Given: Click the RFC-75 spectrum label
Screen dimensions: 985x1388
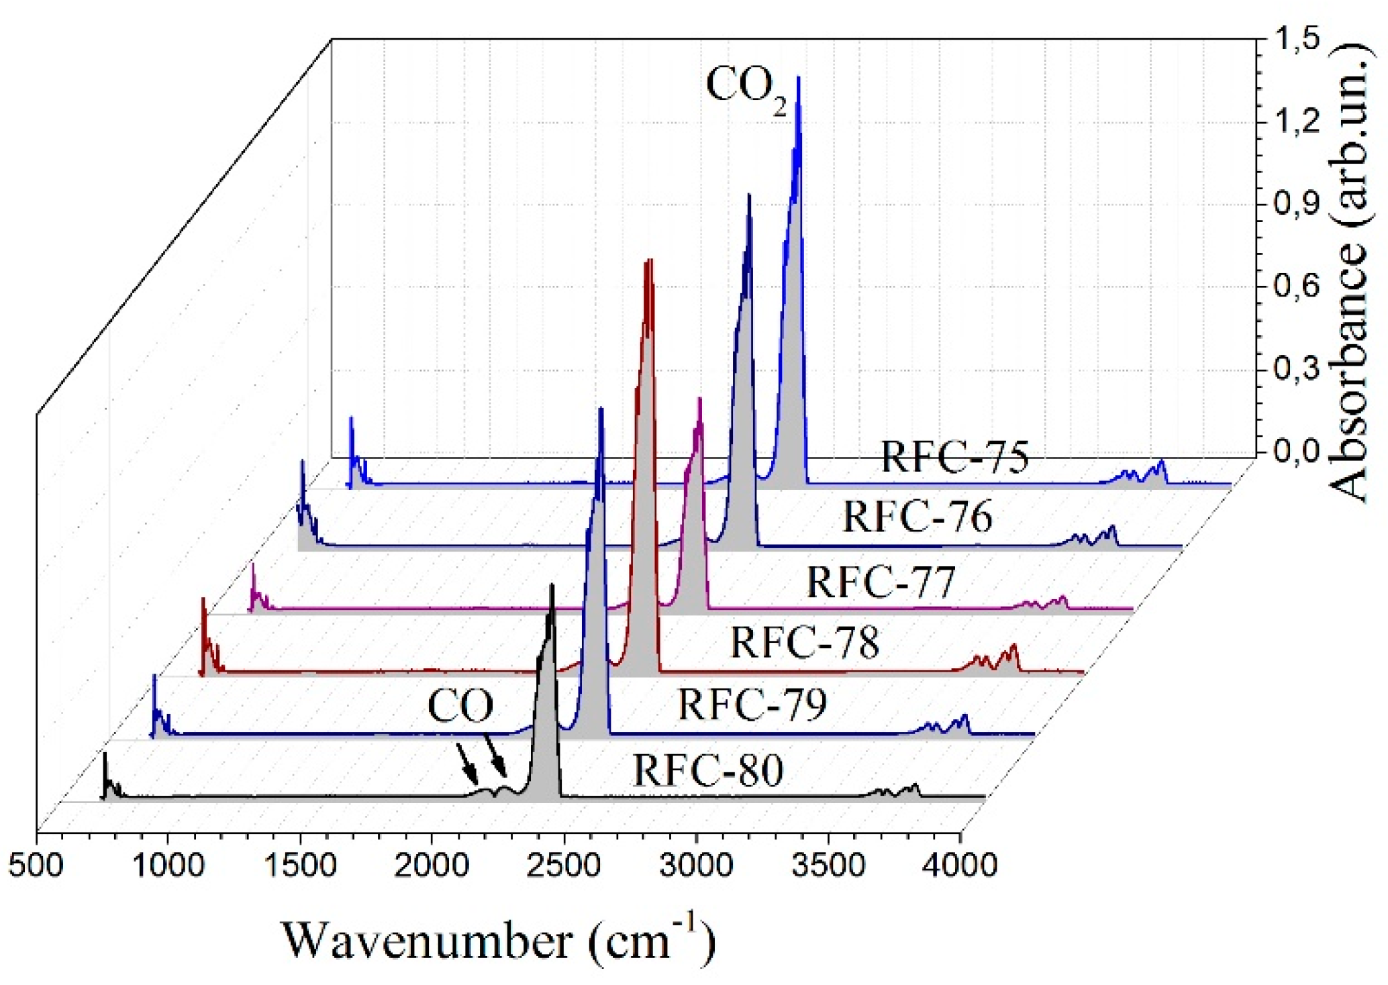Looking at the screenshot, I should [x=954, y=457].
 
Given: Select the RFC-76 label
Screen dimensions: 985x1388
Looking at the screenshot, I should [x=917, y=517].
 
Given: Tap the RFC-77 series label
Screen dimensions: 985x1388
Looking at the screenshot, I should [x=880, y=582].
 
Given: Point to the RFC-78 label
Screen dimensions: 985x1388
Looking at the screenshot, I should [x=804, y=642].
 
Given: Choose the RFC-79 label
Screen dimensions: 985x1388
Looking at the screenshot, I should [x=752, y=704].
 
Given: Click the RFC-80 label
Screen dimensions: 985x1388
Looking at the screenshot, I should [x=708, y=770].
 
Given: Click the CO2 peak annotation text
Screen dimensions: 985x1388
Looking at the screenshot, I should [x=746, y=90].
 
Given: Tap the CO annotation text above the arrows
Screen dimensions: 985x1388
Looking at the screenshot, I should [x=460, y=706].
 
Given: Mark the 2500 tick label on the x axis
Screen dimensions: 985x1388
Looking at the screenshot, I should [x=563, y=866].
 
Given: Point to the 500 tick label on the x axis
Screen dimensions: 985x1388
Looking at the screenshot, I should [x=36, y=866].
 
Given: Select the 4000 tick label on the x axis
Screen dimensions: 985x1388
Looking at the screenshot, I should [x=959, y=866].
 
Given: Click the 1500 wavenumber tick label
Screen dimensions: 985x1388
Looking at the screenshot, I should [x=300, y=866].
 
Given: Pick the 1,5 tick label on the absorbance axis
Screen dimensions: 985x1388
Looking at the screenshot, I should [x=1297, y=40].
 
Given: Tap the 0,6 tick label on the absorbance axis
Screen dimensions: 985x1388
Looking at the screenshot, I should [x=1297, y=287].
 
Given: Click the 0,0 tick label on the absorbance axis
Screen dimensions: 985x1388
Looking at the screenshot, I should [x=1297, y=452].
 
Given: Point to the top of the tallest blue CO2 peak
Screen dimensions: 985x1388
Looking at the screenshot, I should [x=798, y=78].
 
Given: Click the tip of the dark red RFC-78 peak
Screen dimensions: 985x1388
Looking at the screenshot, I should [x=648, y=260].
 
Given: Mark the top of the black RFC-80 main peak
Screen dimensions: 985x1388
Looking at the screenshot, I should [x=552, y=586].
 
